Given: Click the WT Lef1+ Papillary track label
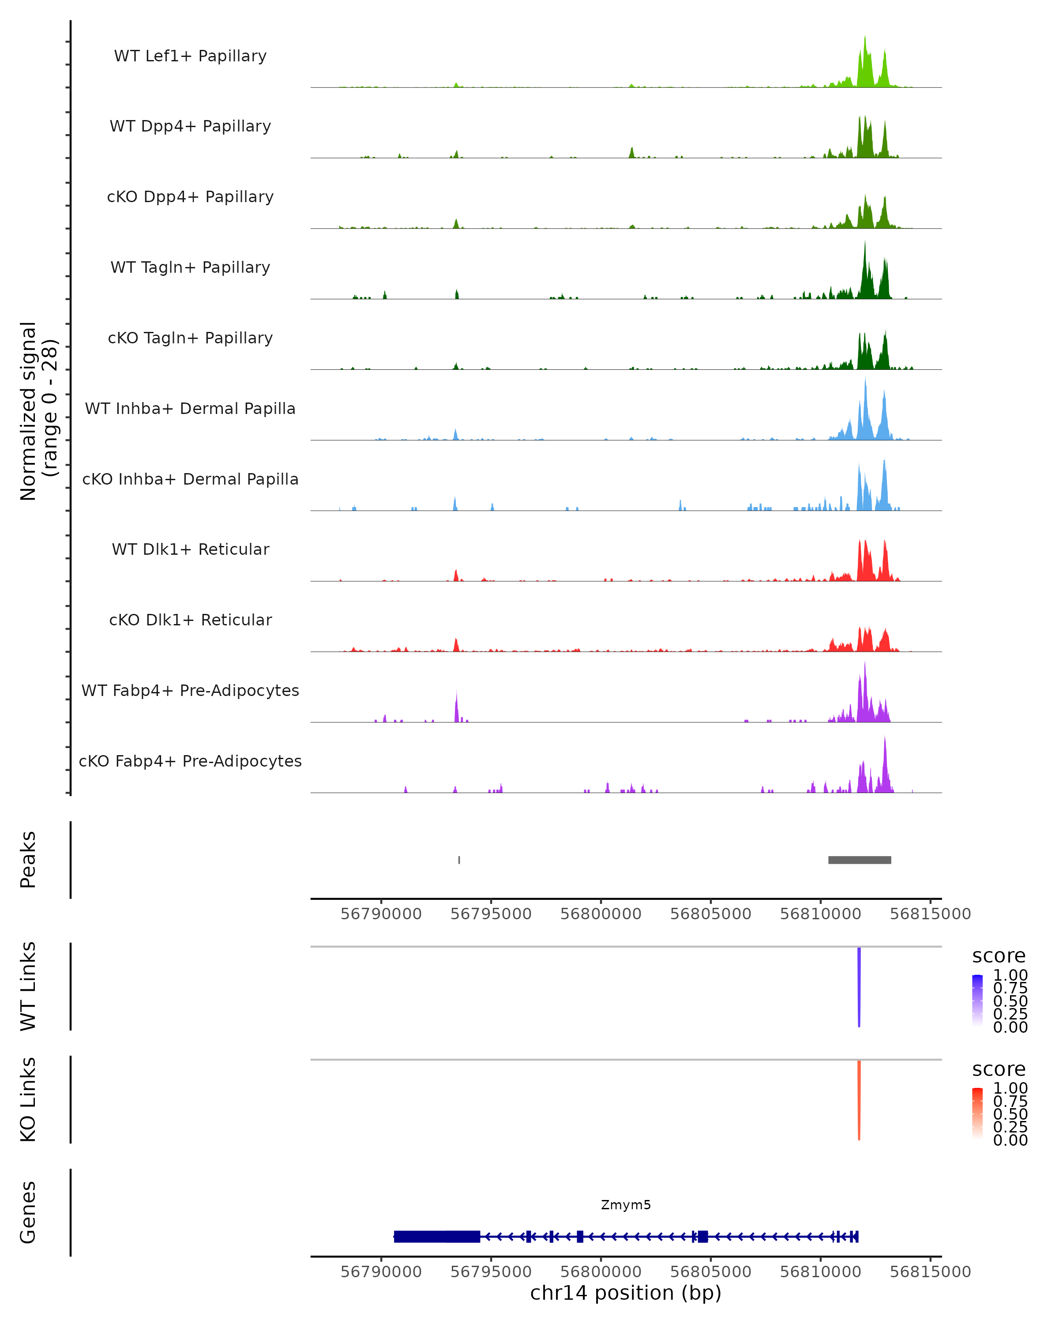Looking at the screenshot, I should click(190, 56).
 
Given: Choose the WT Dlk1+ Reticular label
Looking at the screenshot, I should click(190, 549).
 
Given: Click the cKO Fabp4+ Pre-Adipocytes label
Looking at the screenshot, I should click(190, 761).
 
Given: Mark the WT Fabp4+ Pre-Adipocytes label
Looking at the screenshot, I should click(190, 690).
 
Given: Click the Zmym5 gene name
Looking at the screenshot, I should click(626, 1205).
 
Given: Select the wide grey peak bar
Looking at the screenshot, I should click(860, 860).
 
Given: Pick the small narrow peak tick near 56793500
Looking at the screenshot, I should click(459, 860).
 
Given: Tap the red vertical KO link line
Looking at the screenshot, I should click(859, 1100).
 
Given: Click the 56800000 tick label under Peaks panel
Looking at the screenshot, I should click(601, 914).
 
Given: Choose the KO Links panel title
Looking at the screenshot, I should click(28, 1099).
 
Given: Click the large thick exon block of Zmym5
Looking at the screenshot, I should click(437, 1236).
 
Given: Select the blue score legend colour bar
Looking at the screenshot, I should click(977, 999).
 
